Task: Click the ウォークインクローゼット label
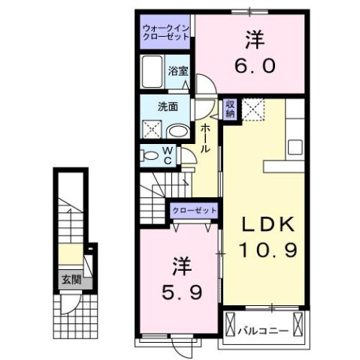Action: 166,34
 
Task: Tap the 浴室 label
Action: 178,71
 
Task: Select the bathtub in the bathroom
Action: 153,72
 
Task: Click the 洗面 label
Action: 167,107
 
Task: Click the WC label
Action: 168,155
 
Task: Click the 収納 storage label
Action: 229,109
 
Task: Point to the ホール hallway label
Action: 204,139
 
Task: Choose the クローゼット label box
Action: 194,211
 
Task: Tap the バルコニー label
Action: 264,328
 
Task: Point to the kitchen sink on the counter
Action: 295,147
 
